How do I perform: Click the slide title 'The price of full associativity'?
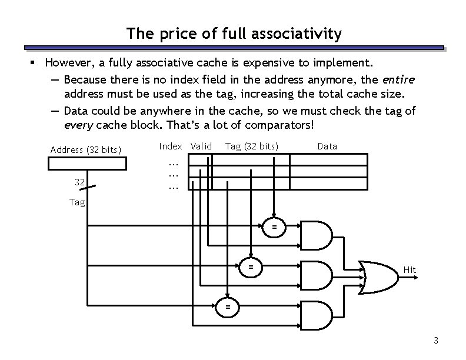click(x=233, y=34)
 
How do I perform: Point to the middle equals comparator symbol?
click(x=251, y=266)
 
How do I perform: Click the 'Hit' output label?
click(x=410, y=270)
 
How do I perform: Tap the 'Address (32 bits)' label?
click(x=86, y=149)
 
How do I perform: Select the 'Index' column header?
click(x=171, y=146)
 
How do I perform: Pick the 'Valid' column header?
click(x=201, y=146)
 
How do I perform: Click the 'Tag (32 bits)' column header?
click(x=252, y=146)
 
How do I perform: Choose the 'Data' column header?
click(x=327, y=146)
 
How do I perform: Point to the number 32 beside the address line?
click(x=80, y=182)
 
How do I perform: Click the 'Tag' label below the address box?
click(x=77, y=202)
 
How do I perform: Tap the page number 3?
click(x=435, y=341)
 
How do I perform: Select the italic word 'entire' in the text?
click(x=398, y=79)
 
